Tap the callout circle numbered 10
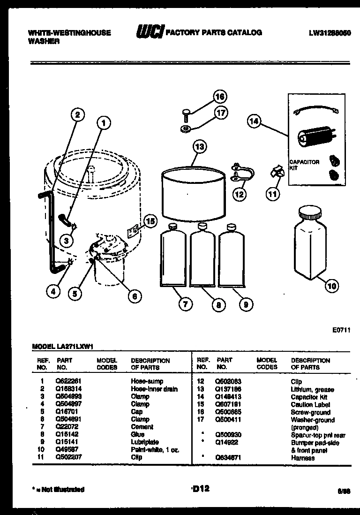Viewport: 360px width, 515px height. tap(331, 286)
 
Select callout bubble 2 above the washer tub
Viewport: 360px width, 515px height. tap(78, 114)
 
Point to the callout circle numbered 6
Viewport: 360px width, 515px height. tap(134, 295)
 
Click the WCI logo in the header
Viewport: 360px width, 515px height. tap(149, 32)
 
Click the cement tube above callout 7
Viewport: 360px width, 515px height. tap(173, 258)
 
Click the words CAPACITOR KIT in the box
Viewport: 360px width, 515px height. tap(304, 165)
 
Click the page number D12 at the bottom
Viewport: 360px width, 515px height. tap(200, 488)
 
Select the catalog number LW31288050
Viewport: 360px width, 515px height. tap(330, 33)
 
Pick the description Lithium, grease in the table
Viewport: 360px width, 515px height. tap(312, 389)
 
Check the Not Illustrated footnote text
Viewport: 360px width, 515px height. tap(58, 489)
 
